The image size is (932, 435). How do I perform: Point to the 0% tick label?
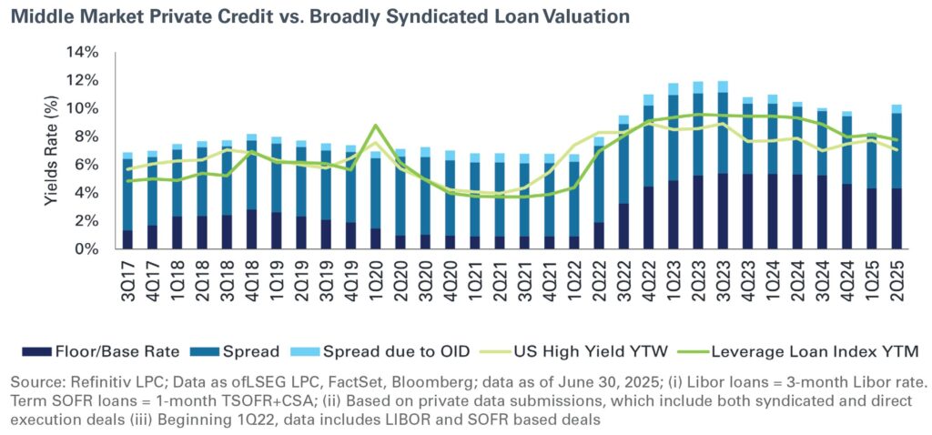point(84,248)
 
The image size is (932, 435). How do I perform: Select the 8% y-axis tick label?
point(84,137)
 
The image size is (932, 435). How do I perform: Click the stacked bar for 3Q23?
point(723,164)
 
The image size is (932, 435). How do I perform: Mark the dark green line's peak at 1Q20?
point(376,126)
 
